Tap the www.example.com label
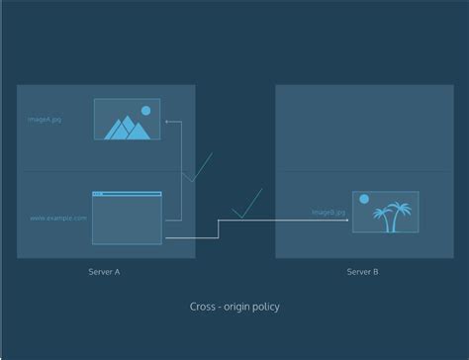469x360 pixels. point(57,218)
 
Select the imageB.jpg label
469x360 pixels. point(328,212)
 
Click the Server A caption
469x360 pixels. point(104,270)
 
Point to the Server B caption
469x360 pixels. point(362,270)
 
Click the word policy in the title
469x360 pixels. point(262,307)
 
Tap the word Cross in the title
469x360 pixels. point(202,307)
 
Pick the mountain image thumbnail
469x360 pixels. point(127,120)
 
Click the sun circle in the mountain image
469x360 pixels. point(146,111)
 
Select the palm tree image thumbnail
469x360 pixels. point(385,213)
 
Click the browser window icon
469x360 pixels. point(127,218)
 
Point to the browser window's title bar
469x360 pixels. point(127,194)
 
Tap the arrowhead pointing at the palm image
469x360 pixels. point(347,221)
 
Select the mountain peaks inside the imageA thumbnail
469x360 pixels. point(126,128)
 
